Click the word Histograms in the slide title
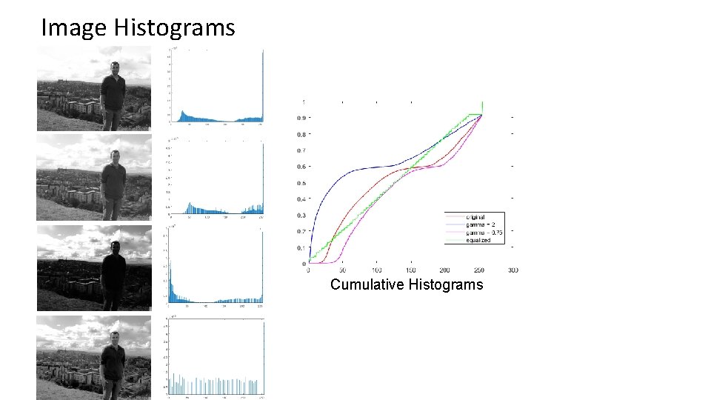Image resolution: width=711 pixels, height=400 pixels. (174, 28)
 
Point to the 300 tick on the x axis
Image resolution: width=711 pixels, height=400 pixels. (513, 270)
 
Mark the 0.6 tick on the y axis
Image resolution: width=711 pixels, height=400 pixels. (302, 167)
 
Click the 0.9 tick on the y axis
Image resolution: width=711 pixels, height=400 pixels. (302, 118)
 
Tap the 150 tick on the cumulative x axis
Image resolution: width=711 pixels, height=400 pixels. (411, 270)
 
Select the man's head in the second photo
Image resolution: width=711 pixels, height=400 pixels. (114, 156)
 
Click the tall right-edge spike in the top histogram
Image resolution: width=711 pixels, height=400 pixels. (263, 81)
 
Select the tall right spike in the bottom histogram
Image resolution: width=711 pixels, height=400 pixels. (263, 356)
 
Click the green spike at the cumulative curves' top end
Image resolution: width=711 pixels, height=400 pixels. (483, 107)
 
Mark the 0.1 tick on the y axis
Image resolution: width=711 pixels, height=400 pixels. (302, 248)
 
